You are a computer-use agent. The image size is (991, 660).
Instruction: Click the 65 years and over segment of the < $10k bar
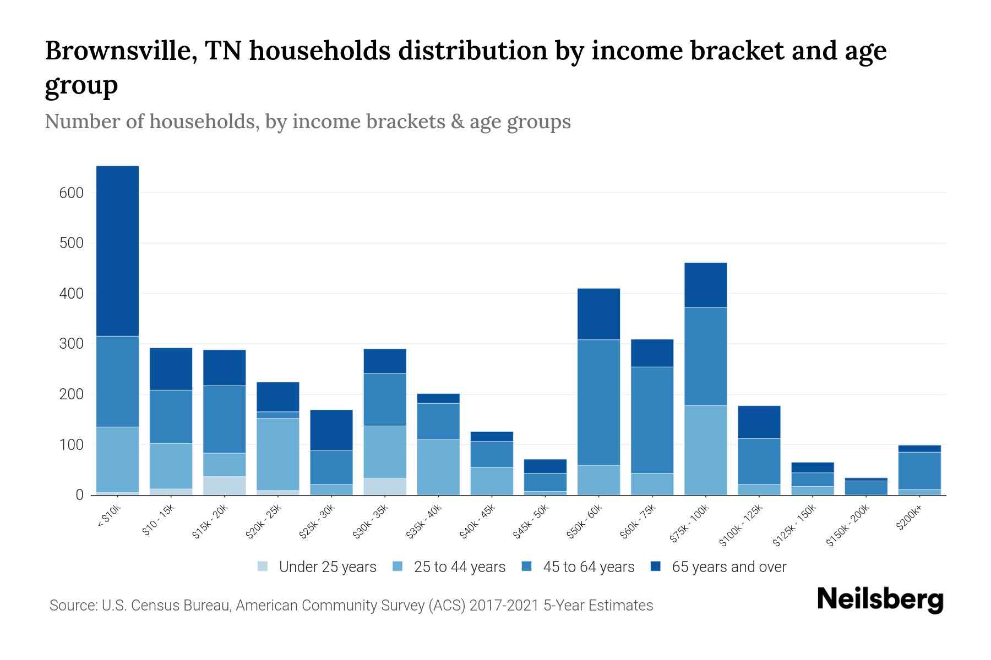[x=117, y=251]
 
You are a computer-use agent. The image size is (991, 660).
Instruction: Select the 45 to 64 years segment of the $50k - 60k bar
[x=598, y=402]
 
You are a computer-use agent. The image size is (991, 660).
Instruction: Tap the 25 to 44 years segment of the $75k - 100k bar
[x=705, y=450]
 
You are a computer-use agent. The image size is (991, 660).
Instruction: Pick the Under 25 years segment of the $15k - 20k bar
[x=224, y=485]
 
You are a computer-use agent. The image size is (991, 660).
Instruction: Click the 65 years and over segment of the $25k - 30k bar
[x=331, y=430]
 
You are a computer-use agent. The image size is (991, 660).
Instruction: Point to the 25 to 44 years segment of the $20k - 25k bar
[x=277, y=454]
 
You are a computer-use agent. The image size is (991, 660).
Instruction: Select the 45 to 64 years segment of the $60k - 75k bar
[x=652, y=420]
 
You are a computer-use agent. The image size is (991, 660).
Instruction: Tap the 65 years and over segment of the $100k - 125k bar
[x=759, y=422]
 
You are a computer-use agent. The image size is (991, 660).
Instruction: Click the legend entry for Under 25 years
[x=317, y=567]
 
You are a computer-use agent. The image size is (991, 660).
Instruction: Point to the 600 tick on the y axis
[x=72, y=193]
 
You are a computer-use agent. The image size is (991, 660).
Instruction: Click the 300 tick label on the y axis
[x=72, y=344]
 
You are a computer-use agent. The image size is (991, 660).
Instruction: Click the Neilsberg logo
[x=880, y=599]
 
